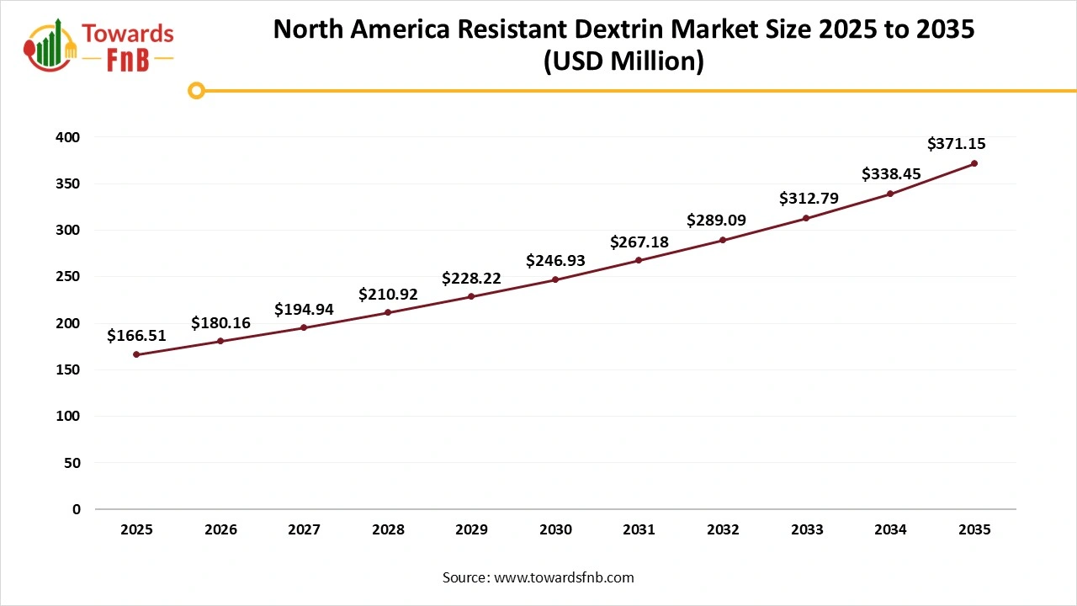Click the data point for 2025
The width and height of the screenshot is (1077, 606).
pos(136,354)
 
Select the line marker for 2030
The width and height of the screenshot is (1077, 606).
pos(555,279)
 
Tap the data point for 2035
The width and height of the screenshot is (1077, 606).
pos(974,163)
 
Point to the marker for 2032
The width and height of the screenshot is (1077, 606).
pos(723,240)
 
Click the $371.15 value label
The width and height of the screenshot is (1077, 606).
pos(957,144)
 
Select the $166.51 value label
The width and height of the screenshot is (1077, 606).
pos(136,336)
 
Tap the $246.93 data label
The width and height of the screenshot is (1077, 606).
pos(555,261)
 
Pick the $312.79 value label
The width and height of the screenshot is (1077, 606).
pos(808,199)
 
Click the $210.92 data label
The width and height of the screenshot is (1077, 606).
pos(388,295)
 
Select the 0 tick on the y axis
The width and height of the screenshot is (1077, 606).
pos(77,509)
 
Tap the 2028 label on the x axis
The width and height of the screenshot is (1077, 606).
pos(388,529)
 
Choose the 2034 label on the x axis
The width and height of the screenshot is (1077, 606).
pos(890,529)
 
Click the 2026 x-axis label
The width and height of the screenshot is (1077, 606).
pos(220,529)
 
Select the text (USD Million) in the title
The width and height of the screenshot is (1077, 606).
pos(623,61)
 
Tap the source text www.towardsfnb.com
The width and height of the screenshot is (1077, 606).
pos(564,577)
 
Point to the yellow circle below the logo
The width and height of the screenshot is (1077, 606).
pos(196,90)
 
